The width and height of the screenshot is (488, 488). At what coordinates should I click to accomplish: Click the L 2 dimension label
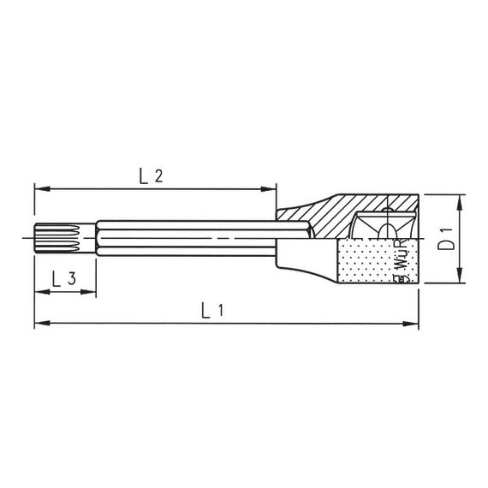[x=151, y=176]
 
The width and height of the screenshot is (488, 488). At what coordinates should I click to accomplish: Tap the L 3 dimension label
[x=63, y=279]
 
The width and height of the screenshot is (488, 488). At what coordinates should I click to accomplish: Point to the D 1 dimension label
[x=445, y=239]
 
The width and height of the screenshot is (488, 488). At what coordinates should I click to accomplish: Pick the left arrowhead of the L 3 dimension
[x=40, y=292]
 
